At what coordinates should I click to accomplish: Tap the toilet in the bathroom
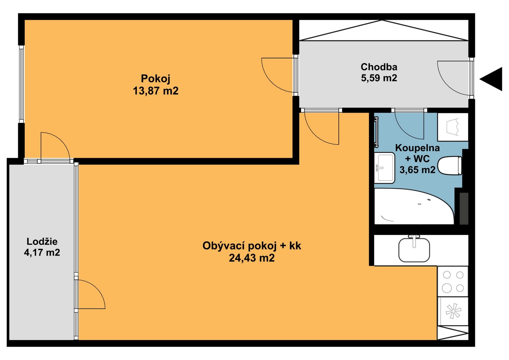click(450, 166)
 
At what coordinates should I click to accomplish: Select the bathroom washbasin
click(385, 168)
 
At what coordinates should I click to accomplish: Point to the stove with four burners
click(453, 281)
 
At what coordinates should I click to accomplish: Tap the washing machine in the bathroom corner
click(453, 127)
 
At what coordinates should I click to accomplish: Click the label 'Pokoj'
click(155, 79)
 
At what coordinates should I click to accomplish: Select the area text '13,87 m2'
click(156, 91)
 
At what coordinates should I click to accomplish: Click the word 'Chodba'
click(379, 67)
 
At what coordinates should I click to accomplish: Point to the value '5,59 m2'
click(379, 78)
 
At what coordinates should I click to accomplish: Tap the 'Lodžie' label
click(42, 241)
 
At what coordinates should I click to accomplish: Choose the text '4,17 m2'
click(42, 252)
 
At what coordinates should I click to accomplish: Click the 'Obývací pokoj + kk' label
click(252, 246)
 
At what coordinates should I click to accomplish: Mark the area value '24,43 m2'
click(252, 258)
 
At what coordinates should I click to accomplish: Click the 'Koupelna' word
click(418, 148)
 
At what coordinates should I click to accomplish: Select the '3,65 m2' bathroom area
click(418, 170)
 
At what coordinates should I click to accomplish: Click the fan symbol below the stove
click(453, 311)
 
